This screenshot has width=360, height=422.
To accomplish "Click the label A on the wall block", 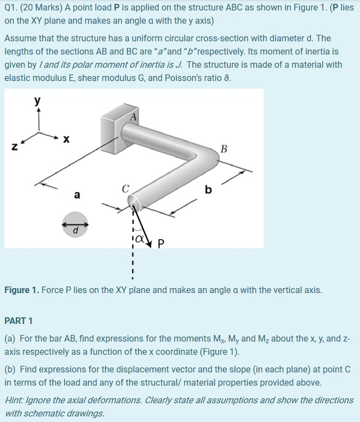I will tap(133, 116).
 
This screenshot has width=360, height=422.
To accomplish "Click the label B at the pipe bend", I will tap(223, 148).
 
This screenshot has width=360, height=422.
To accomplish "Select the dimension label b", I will tap(208, 190).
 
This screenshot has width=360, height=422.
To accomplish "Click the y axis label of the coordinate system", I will tap(37, 101).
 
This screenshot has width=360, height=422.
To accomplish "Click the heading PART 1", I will tap(19, 321).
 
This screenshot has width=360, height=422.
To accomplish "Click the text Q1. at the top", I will tap(12, 8).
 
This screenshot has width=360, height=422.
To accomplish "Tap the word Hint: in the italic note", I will tap(16, 400).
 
